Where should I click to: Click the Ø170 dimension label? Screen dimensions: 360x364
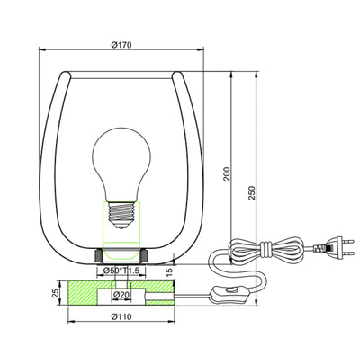click(121, 45)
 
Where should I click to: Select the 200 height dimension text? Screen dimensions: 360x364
click(227, 173)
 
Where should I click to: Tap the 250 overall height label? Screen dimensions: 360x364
click(252, 193)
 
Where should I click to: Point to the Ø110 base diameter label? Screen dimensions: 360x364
click(121, 316)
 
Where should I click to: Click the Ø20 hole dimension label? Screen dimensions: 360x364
click(121, 295)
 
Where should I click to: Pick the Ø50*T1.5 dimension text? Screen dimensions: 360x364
click(121, 271)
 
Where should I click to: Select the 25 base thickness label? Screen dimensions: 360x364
click(56, 293)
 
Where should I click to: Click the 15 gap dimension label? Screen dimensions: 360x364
click(169, 271)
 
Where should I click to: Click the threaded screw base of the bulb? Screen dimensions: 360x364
click(121, 213)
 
